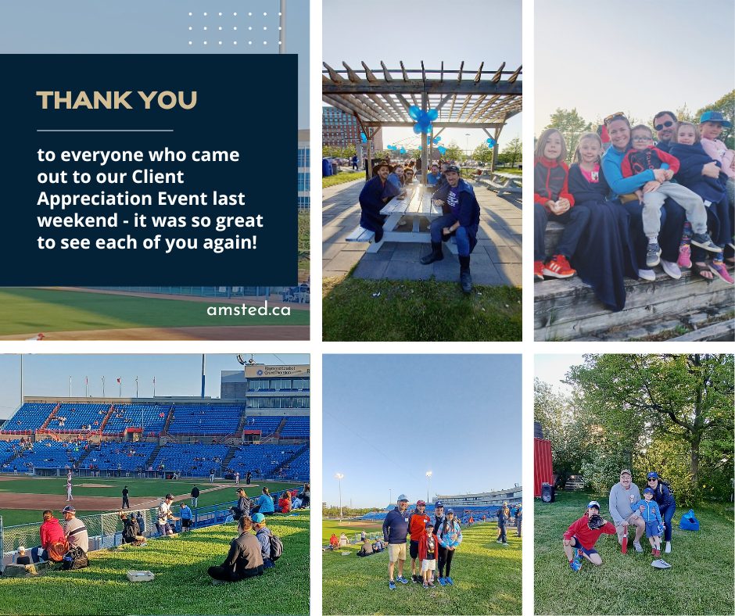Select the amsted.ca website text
(249, 309)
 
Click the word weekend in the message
(77, 220)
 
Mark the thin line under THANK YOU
(105, 131)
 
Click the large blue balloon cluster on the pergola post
(423, 119)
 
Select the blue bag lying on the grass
(689, 521)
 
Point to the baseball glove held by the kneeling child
(596, 521)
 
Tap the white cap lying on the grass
(661, 564)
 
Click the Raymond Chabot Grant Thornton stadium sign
(277, 371)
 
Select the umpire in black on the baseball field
(126, 497)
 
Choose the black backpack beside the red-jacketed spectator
(76, 558)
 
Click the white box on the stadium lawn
(141, 575)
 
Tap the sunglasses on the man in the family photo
(665, 125)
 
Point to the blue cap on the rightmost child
(715, 118)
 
